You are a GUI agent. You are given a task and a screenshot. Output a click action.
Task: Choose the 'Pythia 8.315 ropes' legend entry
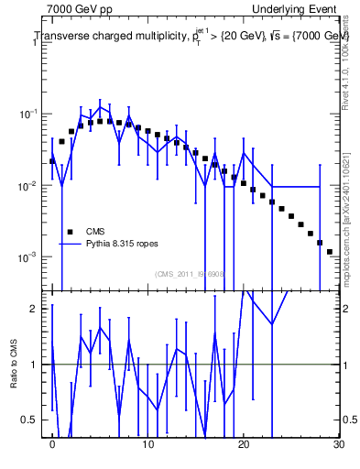point(122,245)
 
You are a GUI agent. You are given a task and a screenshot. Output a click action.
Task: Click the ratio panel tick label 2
point(36,309)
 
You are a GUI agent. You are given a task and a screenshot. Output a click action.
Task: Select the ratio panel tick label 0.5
point(33,420)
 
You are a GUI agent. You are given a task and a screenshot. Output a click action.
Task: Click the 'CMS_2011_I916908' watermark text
point(190,273)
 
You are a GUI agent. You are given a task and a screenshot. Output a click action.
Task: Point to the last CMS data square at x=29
point(330,251)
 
